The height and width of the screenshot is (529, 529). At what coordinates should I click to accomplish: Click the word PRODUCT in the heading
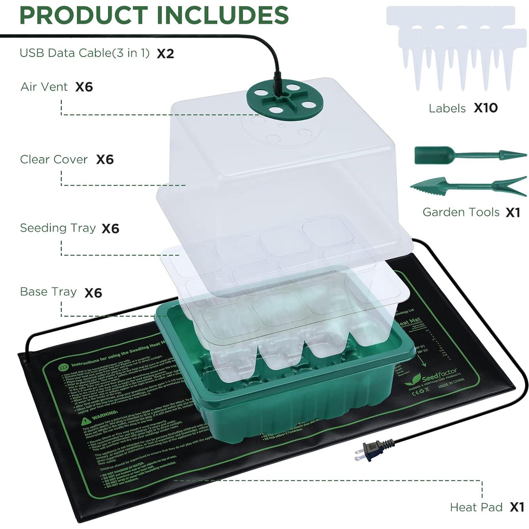click(x=83, y=15)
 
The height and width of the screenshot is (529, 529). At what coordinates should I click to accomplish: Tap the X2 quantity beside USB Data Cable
click(x=165, y=54)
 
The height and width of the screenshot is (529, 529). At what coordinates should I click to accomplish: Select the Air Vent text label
click(x=44, y=87)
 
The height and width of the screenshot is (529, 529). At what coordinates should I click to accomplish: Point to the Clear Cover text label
click(x=53, y=159)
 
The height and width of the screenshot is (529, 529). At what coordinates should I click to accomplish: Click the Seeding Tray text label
click(x=58, y=228)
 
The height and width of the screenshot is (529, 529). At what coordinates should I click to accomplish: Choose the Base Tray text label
click(x=48, y=292)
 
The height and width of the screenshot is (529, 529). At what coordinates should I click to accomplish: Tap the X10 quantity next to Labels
click(x=486, y=108)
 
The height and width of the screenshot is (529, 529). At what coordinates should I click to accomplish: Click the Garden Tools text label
click(x=461, y=212)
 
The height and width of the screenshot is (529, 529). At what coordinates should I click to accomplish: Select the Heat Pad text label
click(x=476, y=507)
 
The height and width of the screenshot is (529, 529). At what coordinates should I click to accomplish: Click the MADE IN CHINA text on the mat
click(x=451, y=383)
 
